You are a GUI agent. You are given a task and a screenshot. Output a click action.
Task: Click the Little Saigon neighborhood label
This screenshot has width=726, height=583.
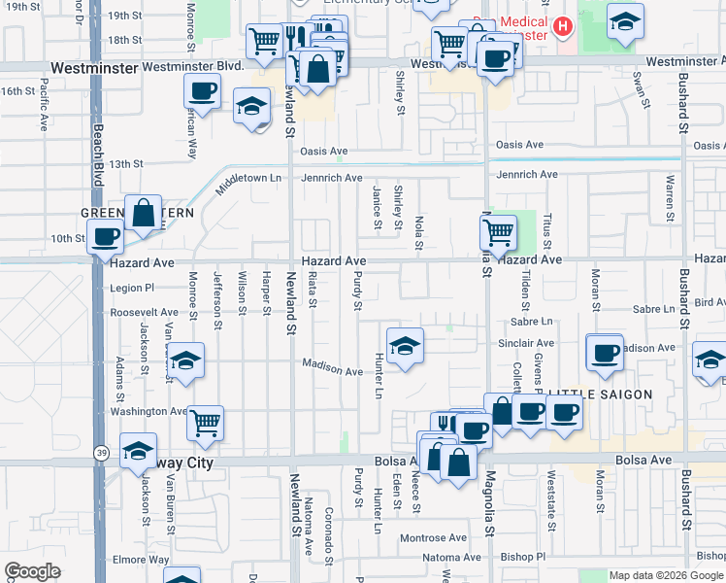coord(593,394)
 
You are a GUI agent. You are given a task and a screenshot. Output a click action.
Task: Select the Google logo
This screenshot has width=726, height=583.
coord(32,571)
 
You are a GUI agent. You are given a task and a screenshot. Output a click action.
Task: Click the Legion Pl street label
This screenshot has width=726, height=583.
coord(132,288)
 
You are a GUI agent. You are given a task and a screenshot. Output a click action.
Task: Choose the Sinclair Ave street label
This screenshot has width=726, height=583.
coord(525,343)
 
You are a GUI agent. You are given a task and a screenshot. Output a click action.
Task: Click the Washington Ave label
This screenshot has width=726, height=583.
coord(148,411)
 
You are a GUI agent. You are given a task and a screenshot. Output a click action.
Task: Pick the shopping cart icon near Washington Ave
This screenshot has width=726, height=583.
coord(205,422)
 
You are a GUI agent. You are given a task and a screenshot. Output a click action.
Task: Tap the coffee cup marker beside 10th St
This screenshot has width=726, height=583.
coord(105,235)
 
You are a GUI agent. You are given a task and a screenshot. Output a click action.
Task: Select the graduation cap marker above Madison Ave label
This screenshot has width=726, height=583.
coord(405,344)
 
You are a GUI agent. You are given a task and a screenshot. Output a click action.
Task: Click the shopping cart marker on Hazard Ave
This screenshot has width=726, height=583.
coord(498,232)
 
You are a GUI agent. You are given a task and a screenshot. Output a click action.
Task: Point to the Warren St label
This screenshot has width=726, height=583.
coord(670,194)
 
